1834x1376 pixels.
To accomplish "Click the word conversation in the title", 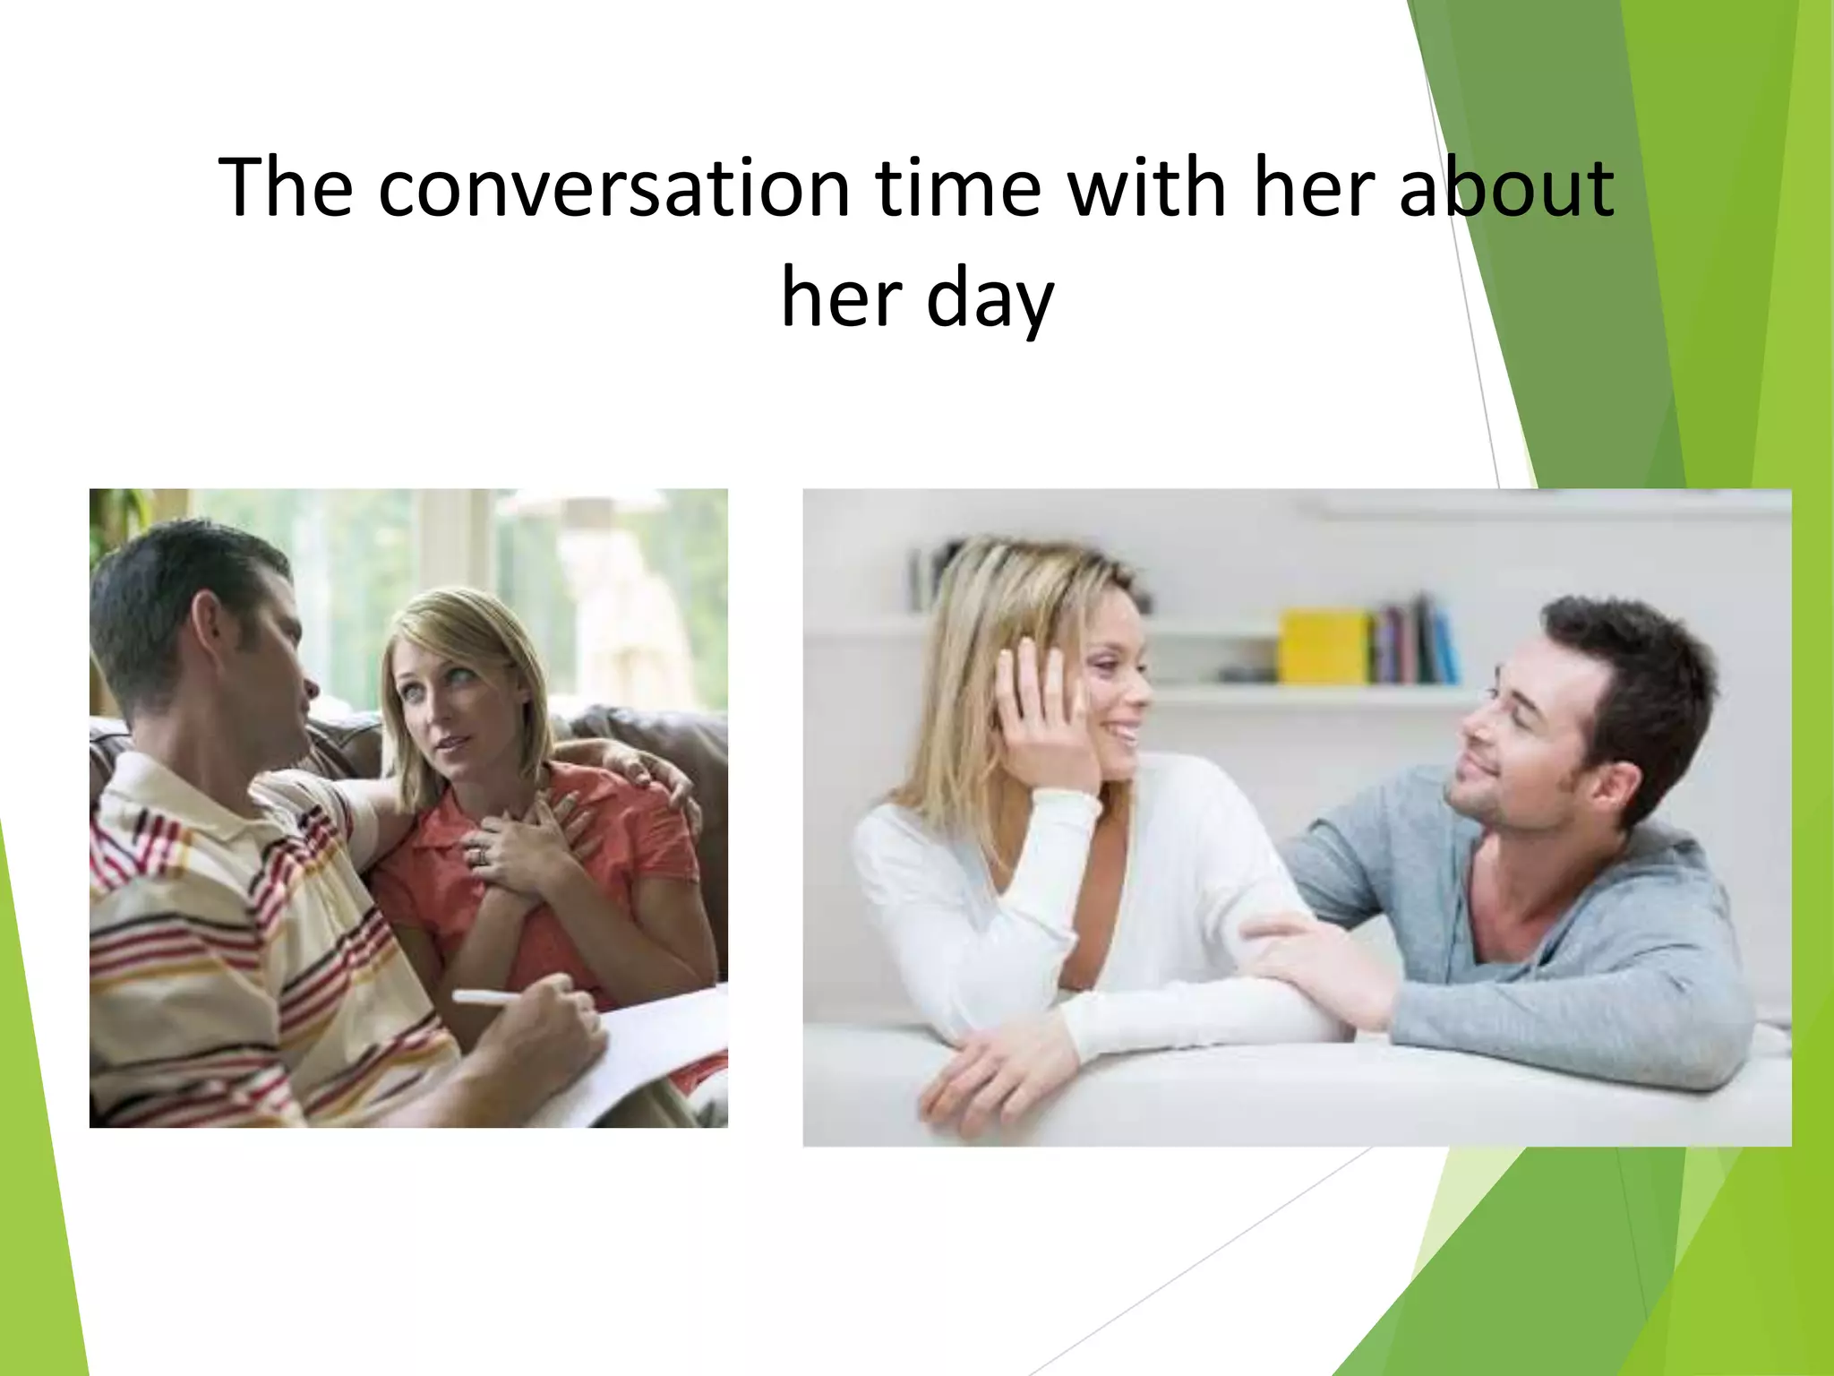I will point(613,188).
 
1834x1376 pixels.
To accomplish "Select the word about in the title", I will point(1506,188).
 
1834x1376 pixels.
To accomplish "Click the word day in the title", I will point(990,300).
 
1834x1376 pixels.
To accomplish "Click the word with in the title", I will point(1147,188).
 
